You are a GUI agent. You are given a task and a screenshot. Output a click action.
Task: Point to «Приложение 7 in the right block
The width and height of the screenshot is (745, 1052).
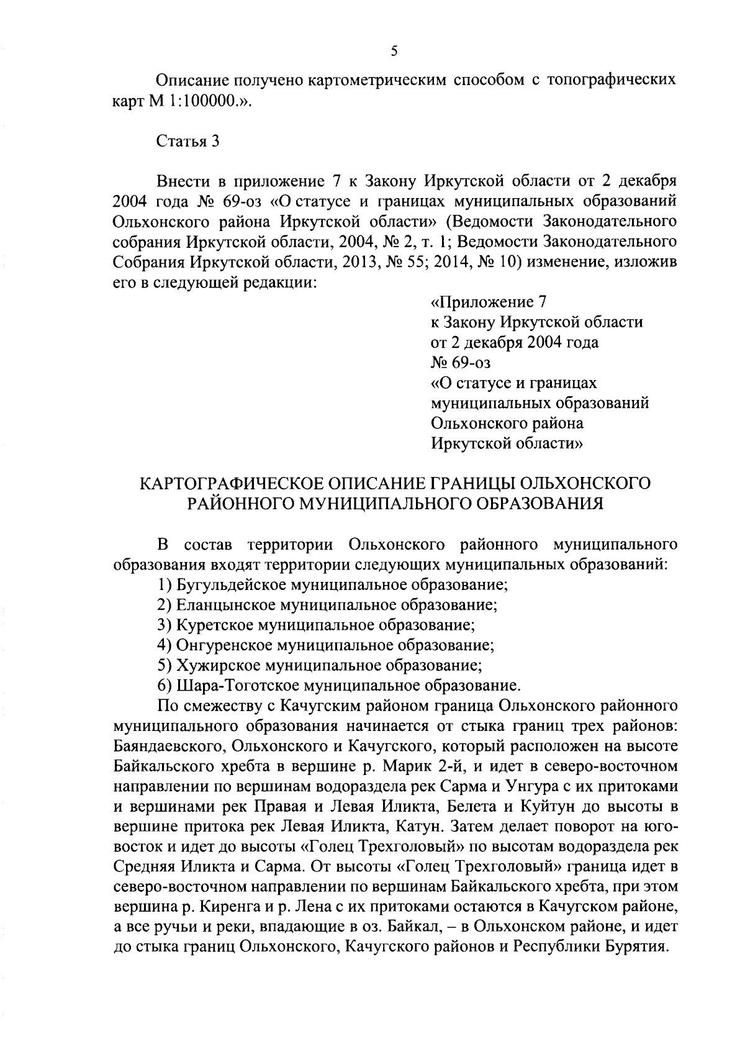[x=487, y=302]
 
